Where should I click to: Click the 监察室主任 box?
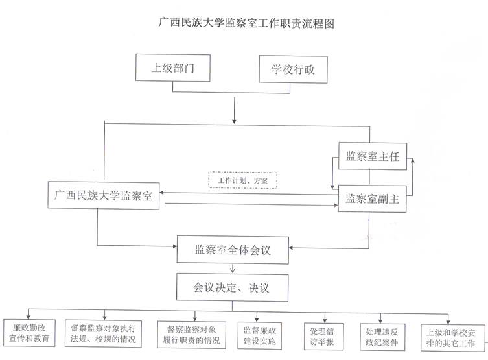[371, 156]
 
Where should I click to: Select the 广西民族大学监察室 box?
[104, 196]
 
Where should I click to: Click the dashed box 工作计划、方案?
[242, 179]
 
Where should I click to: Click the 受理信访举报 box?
[321, 333]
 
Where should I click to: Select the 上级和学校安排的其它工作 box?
[451, 333]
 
